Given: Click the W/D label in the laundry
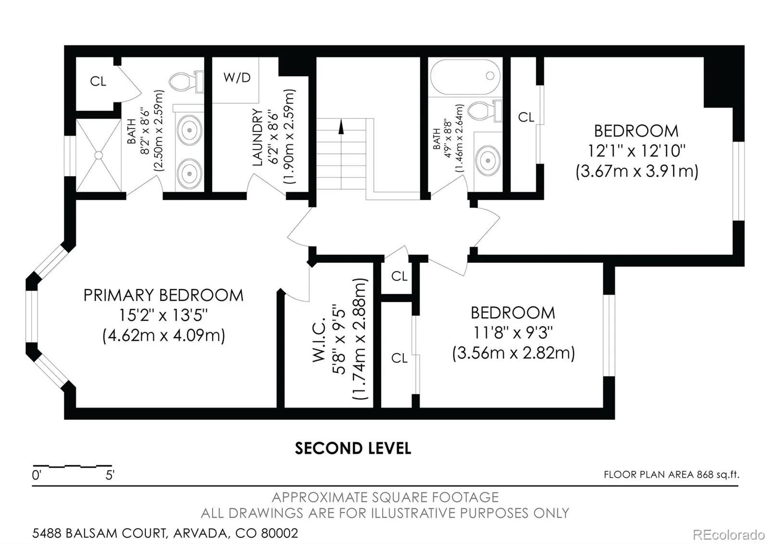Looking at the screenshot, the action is pos(237,78).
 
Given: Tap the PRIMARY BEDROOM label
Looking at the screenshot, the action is pos(163,296).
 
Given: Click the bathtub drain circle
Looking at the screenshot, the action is pos(490,75).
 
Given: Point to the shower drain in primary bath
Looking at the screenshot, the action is pos(99,155).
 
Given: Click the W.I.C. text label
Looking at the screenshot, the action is pos(319,340).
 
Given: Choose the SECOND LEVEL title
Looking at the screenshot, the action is pos(353,448).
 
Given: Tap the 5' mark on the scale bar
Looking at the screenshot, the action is pos(110,475).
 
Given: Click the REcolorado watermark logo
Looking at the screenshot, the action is pos(729,535).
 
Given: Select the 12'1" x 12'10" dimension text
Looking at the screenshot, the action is pos(636,151).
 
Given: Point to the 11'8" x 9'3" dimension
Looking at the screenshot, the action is pos(513,333).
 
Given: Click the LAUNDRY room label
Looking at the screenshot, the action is pos(257,137).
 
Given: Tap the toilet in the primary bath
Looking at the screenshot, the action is pos(186,82).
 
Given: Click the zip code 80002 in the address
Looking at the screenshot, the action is pos(280,533).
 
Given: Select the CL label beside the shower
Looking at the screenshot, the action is pos(98,81).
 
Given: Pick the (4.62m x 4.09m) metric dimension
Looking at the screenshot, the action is pos(164,335).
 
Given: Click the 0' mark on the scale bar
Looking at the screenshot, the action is pos(37,475).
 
